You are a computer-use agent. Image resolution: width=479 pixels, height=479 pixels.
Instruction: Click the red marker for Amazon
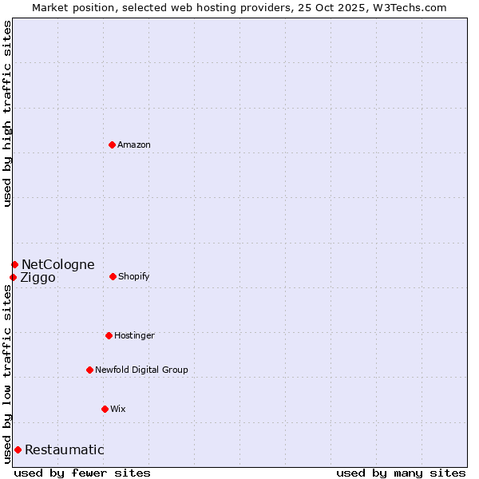point(112,144)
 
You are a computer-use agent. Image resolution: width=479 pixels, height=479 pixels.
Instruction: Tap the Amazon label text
point(134,145)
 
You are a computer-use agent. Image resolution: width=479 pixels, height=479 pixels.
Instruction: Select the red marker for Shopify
point(113,276)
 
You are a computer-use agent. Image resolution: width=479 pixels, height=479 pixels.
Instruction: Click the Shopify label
point(134,277)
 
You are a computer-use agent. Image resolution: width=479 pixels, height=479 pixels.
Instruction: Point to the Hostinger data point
point(109,335)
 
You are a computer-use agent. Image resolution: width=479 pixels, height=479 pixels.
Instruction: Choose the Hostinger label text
point(134,336)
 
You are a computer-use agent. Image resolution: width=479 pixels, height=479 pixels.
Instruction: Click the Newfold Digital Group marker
point(89,370)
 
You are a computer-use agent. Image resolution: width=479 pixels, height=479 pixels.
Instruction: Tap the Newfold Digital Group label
point(141,370)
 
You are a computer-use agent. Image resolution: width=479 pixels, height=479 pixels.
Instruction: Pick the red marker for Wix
point(105,409)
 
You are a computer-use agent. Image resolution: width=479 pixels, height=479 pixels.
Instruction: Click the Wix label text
point(118,410)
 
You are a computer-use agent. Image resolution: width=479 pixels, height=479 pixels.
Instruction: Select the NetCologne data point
point(14,264)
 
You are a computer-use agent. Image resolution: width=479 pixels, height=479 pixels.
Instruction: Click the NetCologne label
point(57,265)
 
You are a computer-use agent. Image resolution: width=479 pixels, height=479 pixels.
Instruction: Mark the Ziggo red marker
point(13,277)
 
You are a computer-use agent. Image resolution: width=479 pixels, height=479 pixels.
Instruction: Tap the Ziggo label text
point(38,278)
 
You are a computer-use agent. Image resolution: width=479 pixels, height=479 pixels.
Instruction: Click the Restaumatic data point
point(18,449)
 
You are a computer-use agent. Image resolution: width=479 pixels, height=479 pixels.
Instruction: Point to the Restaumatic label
point(64,450)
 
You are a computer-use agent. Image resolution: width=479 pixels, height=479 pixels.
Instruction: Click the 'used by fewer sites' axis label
point(82,473)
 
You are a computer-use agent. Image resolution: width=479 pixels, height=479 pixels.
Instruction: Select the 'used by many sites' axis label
point(401,473)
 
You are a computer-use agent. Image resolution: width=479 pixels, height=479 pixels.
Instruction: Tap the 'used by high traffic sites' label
point(7,113)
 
